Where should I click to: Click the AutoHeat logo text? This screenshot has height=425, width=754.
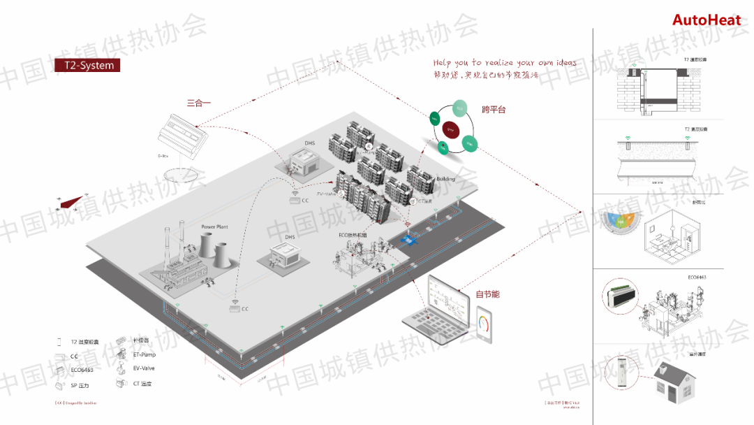(x=706, y=20)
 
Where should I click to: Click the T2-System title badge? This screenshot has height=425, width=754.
(x=87, y=65)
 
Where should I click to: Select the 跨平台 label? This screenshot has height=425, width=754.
(x=493, y=110)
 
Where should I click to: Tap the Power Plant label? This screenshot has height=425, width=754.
(x=214, y=226)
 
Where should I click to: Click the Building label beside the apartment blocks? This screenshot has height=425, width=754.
(x=445, y=179)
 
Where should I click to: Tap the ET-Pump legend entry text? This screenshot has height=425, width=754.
(x=145, y=354)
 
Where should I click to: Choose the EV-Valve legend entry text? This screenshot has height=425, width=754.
(x=144, y=368)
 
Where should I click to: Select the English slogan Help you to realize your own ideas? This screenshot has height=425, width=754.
(x=504, y=63)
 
